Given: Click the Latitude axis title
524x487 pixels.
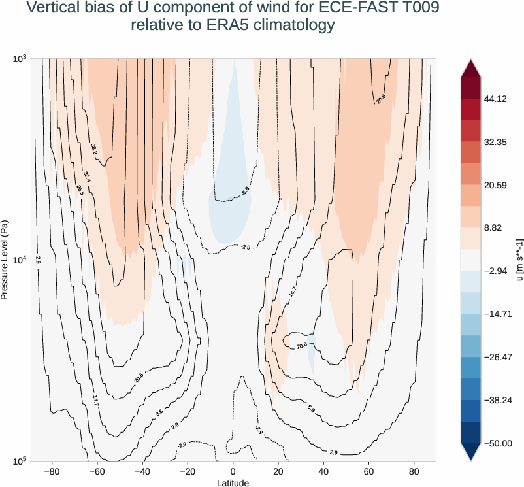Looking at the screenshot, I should pos(233,482).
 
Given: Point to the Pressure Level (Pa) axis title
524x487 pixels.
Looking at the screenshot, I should pos(6,260).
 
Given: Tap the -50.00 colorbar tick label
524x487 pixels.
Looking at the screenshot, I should pos(497,443).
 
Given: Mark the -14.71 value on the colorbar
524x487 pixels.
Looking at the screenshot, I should pos(497,314).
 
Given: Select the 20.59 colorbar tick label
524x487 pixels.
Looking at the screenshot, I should pos(496,186).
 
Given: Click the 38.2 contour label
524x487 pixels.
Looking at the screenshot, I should pos(94,149).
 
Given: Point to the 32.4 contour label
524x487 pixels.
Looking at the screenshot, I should pos(88,176).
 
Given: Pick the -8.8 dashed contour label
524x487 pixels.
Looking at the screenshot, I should pos(245,191).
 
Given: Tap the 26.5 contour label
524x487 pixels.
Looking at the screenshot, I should pos(80,190).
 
